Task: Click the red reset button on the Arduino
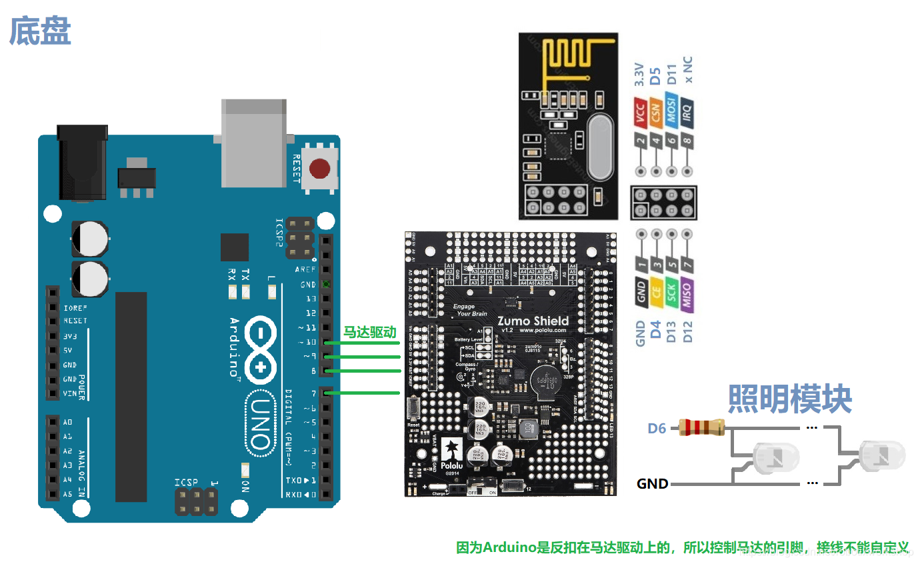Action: pyautogui.click(x=321, y=169)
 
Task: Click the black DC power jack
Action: pyautogui.click(x=83, y=163)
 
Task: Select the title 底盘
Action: pyautogui.click(x=40, y=31)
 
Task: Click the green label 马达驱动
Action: pyautogui.click(x=369, y=332)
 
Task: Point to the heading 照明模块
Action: pyautogui.click(x=789, y=399)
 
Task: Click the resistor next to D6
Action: pyautogui.click(x=701, y=427)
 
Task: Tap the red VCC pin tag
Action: pyautogui.click(x=640, y=111)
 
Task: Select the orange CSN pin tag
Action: pyautogui.click(x=655, y=111)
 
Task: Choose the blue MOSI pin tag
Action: pyautogui.click(x=671, y=111)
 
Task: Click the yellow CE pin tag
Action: pyautogui.click(x=656, y=292)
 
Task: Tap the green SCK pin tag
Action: pyautogui.click(x=671, y=294)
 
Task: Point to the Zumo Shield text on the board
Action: pyautogui.click(x=533, y=321)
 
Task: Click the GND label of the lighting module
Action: pyautogui.click(x=652, y=483)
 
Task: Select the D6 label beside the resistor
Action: pyautogui.click(x=657, y=428)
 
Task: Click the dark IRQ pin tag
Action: pyautogui.click(x=687, y=111)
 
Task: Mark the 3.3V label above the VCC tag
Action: pyautogui.click(x=640, y=75)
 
